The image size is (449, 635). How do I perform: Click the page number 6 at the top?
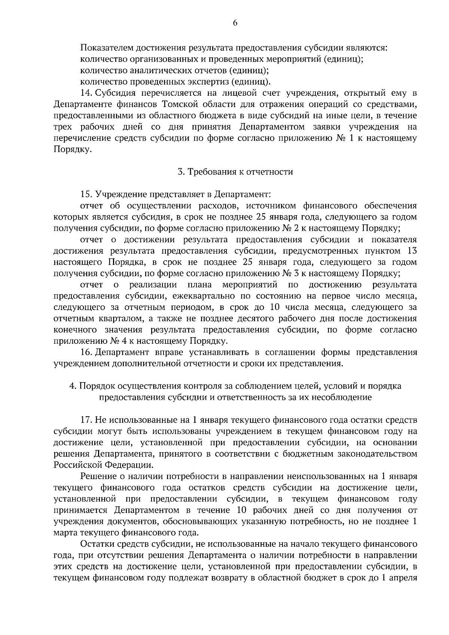[235, 23]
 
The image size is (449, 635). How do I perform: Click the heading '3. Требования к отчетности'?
[235, 172]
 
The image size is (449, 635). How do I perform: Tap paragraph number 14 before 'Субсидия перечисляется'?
[86, 93]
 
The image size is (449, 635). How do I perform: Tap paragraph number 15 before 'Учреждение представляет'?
[86, 194]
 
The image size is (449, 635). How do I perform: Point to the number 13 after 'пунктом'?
[411, 251]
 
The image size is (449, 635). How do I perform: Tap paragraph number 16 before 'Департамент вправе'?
[86, 352]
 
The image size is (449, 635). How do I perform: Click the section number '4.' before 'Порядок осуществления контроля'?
[73, 386]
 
